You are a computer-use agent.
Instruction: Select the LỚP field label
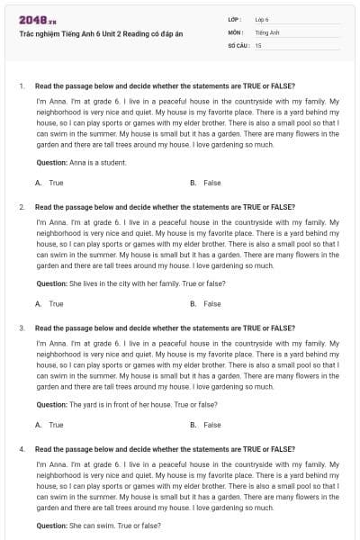pos(235,18)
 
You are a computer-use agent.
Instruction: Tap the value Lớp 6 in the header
pos(262,18)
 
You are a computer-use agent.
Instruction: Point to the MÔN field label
pos(236,31)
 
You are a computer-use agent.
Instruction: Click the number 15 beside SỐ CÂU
pos(258,44)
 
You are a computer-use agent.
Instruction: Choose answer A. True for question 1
pos(49,183)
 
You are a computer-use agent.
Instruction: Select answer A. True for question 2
pos(49,303)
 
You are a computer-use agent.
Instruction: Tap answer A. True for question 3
pos(49,425)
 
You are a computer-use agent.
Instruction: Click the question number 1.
pos(21,85)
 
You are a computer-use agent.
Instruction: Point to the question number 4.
pos(21,448)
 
